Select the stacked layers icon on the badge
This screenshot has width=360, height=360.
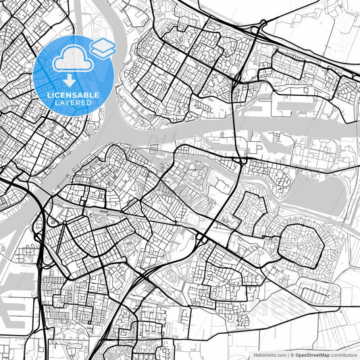click(102, 47)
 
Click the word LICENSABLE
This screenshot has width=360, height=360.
click(73, 96)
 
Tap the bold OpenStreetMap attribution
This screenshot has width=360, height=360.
click(312, 354)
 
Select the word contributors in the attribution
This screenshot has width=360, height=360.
click(344, 354)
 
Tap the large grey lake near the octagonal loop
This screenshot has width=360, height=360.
click(317, 196)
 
